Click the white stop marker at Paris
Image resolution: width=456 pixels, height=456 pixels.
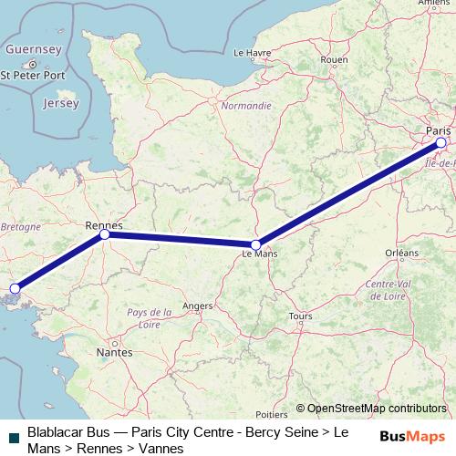click(x=440, y=142)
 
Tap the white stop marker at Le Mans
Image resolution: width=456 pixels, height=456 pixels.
click(x=256, y=244)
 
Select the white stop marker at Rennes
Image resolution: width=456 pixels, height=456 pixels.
click(x=105, y=234)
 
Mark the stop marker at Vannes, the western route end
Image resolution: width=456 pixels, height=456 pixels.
click(x=14, y=289)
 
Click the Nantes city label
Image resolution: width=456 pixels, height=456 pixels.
click(x=114, y=351)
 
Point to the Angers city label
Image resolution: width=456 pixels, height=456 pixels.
click(x=198, y=306)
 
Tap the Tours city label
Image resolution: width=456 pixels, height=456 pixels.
click(x=300, y=316)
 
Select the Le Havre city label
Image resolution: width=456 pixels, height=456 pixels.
click(x=253, y=53)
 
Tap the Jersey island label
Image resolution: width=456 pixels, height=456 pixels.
click(x=60, y=104)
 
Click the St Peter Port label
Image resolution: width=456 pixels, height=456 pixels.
click(x=33, y=75)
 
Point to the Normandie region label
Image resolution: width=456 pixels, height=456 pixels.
click(x=246, y=106)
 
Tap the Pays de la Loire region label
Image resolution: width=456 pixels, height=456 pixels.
click(x=150, y=318)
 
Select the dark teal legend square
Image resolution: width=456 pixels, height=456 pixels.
click(x=13, y=437)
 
